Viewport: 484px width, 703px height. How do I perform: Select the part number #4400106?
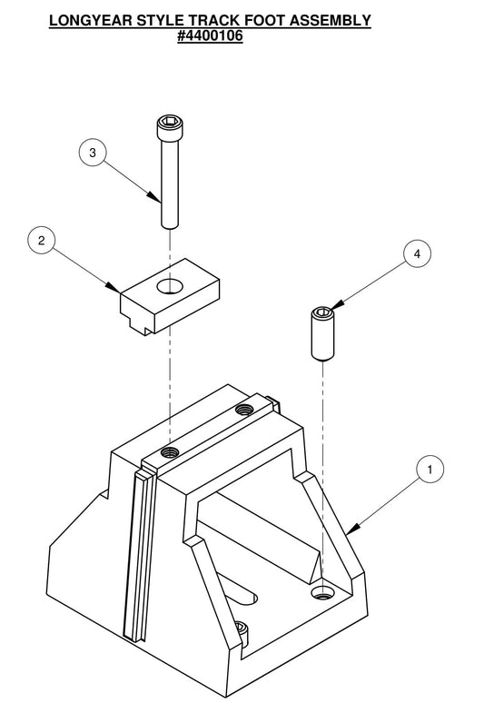[x=210, y=37]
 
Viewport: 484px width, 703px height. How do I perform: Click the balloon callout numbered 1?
[x=430, y=469]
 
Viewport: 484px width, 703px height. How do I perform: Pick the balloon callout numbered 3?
[x=92, y=152]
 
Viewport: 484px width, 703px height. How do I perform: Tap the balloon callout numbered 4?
[x=417, y=254]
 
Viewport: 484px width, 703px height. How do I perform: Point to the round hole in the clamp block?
[x=169, y=287]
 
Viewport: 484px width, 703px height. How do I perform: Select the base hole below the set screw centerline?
[x=321, y=592]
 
